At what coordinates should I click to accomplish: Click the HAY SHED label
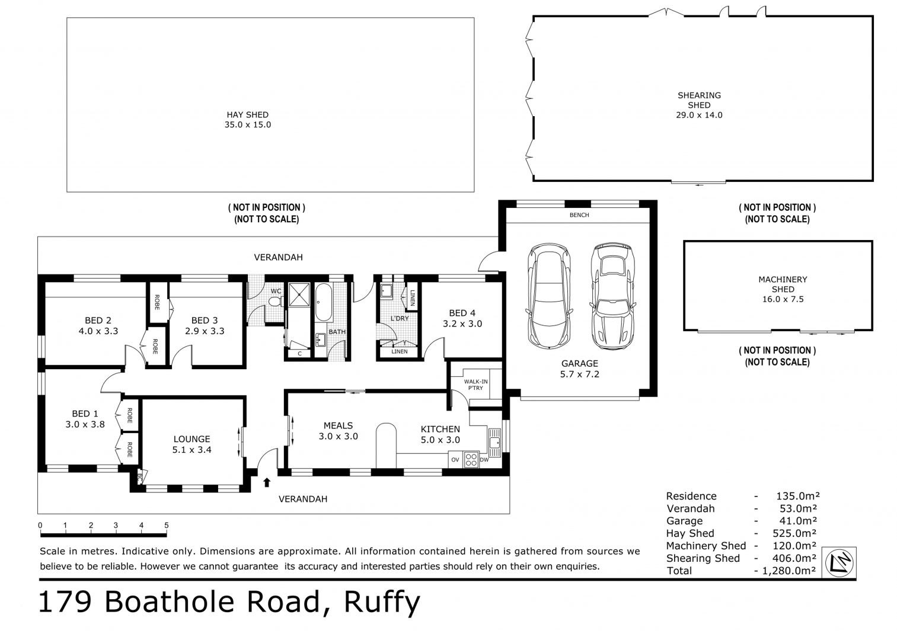tap(247, 114)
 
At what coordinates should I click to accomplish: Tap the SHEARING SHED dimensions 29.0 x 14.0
tap(699, 116)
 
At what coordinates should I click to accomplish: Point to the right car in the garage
tap(612, 296)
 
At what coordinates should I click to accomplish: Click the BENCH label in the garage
tap(579, 215)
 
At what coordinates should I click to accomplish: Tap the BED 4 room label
tap(462, 313)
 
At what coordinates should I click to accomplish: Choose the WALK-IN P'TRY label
tap(475, 385)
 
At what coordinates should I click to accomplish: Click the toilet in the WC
tap(276, 301)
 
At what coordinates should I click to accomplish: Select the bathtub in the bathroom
tap(323, 302)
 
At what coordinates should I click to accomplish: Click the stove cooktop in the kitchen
tap(471, 459)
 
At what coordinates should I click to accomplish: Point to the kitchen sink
tap(495, 442)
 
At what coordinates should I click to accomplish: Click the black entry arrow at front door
tap(267, 482)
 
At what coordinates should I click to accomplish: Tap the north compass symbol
tap(839, 562)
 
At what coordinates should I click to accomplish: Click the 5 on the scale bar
tap(167, 525)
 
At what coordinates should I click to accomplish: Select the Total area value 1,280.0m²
tap(789, 571)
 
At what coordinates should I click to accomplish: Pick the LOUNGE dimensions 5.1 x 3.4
tap(192, 449)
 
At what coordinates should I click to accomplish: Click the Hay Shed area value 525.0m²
tap(794, 533)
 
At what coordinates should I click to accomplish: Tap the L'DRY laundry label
tap(400, 319)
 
